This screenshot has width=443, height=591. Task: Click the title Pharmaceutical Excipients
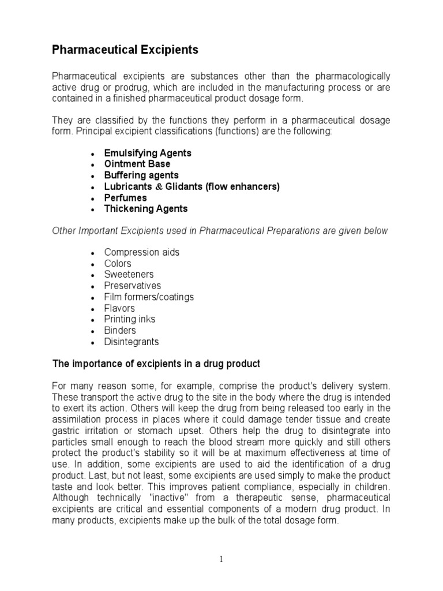(x=125, y=50)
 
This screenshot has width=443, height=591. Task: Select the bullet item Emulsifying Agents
(x=147, y=154)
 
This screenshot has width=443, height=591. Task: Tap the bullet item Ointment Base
(x=137, y=164)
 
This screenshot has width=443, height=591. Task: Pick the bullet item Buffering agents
(x=141, y=175)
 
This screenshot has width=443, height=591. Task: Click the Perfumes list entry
(x=125, y=198)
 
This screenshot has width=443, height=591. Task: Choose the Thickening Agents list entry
(x=145, y=209)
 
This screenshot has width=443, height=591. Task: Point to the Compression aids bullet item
(x=141, y=253)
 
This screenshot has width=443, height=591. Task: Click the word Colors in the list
(x=118, y=264)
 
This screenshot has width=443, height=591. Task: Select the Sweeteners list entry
(x=129, y=275)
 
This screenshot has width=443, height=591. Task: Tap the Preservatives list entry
(x=133, y=286)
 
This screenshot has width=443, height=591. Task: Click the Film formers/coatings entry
(x=149, y=297)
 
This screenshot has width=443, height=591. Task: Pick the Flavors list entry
(x=119, y=308)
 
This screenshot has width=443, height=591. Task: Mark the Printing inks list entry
(x=129, y=319)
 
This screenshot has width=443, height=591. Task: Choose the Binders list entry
(x=120, y=331)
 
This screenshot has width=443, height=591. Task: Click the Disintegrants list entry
(x=131, y=342)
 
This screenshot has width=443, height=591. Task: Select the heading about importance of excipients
(x=156, y=364)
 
